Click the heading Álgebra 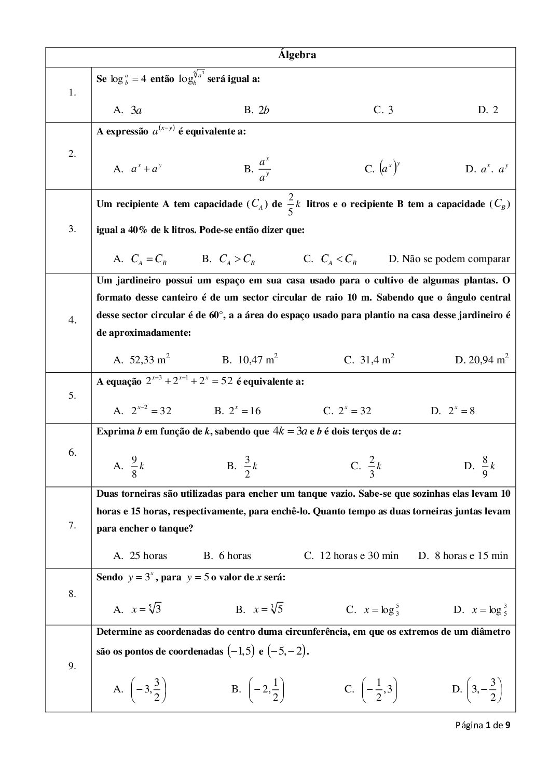(x=297, y=55)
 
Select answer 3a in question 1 (x=136, y=110)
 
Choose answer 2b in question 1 (x=264, y=110)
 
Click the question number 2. (x=72, y=154)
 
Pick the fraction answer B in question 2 (x=264, y=169)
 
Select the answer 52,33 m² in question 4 (x=149, y=359)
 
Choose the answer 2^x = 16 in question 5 (x=244, y=411)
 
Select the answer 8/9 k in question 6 (x=487, y=466)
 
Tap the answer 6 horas (x=235, y=555)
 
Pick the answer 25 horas (x=148, y=555)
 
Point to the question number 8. (x=72, y=594)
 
